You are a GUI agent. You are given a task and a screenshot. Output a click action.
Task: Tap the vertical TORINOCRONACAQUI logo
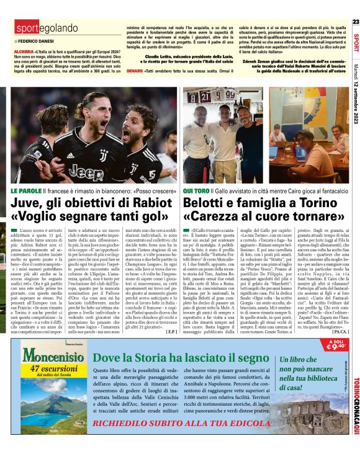point(355,406)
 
